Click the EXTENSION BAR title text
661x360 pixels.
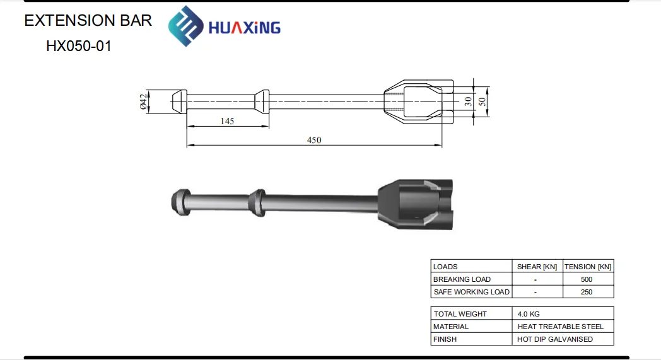88,20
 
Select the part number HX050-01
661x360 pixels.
78,46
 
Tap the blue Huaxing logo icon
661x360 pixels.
184,26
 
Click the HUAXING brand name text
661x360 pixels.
244,28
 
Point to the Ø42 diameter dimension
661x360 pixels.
143,101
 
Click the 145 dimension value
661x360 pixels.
227,121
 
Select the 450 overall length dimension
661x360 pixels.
313,140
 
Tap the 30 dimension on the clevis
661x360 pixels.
468,101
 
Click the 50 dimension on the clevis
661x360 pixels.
483,101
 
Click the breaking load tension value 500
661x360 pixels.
587,279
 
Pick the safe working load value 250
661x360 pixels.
587,292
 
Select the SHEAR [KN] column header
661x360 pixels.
537,267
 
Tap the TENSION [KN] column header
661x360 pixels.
588,267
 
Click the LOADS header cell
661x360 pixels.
446,267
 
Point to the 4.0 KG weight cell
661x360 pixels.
529,314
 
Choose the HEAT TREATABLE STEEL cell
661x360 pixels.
560,327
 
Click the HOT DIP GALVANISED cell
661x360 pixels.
555,339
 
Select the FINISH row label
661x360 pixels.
445,339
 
